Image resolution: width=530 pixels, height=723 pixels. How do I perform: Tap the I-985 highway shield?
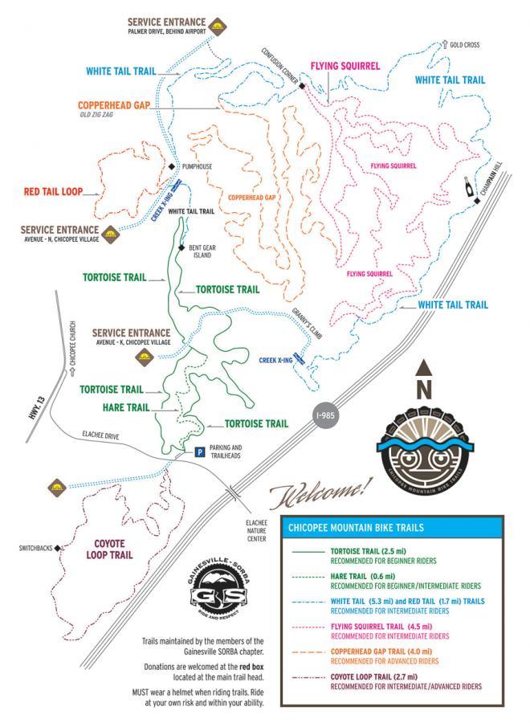pyautogui.click(x=324, y=417)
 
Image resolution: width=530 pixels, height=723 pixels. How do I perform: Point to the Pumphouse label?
pyautogui.click(x=197, y=166)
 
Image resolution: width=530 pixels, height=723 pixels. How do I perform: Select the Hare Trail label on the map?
pyautogui.click(x=127, y=407)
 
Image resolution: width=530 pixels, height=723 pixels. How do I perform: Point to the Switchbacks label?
pyautogui.click(x=35, y=549)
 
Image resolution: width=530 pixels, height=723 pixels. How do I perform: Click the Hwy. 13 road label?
pyautogui.click(x=22, y=412)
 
